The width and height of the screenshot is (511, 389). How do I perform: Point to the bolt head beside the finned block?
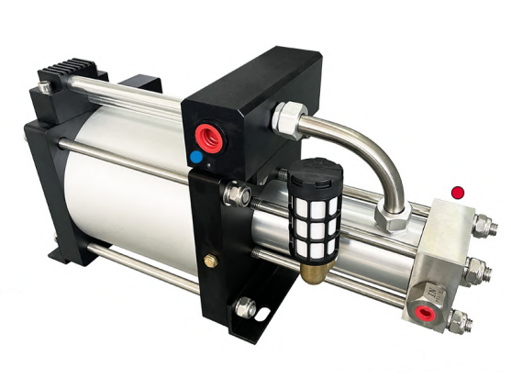[x=43, y=88]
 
